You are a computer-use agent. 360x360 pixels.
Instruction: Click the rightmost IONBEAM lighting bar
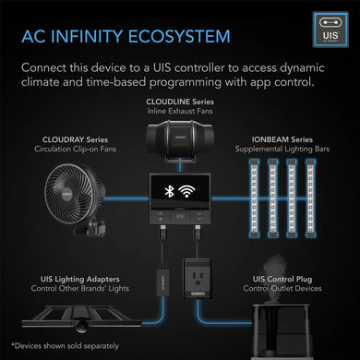point(316,195)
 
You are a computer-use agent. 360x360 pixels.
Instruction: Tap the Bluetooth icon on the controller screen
point(169,193)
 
